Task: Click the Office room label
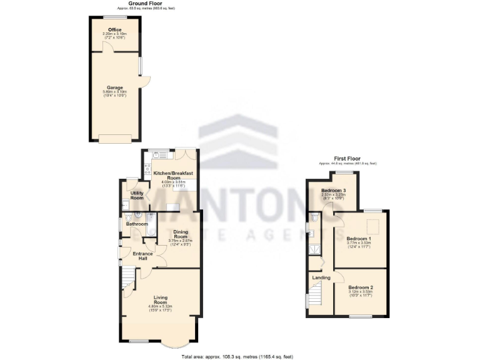point(114,29)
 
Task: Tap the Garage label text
point(114,87)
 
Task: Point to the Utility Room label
point(136,196)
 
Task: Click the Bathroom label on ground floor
point(137,224)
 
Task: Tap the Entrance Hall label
point(143,255)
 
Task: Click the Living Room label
point(161,299)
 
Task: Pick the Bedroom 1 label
point(359,239)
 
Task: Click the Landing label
point(321,277)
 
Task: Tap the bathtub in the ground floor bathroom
point(150,227)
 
